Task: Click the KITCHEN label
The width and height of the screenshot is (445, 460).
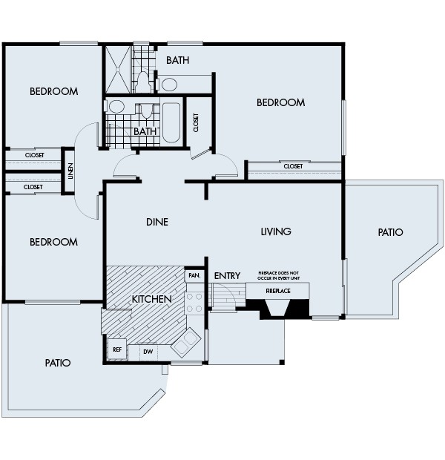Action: pyautogui.click(x=152, y=299)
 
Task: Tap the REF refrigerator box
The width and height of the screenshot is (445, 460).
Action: pyautogui.click(x=117, y=349)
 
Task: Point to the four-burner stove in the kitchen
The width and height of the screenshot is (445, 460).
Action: pyautogui.click(x=194, y=301)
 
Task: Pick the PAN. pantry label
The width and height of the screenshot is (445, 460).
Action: pyautogui.click(x=195, y=275)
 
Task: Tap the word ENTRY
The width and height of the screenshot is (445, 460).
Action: pyautogui.click(x=227, y=276)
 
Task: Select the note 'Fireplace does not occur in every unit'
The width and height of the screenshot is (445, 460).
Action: pyautogui.click(x=282, y=275)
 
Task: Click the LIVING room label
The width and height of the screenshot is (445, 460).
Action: pyautogui.click(x=275, y=231)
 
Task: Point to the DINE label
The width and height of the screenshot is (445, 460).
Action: pyautogui.click(x=156, y=222)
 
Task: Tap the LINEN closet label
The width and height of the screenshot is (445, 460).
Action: pyautogui.click(x=70, y=171)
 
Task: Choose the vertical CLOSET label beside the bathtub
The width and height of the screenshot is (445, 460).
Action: pyautogui.click(x=196, y=122)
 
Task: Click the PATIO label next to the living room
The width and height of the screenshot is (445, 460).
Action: pyautogui.click(x=390, y=232)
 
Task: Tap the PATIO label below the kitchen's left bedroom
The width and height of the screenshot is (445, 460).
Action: pyautogui.click(x=57, y=363)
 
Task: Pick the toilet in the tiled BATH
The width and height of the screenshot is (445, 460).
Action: pyautogui.click(x=148, y=114)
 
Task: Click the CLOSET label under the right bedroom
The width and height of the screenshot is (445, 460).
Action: pyautogui.click(x=293, y=166)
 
